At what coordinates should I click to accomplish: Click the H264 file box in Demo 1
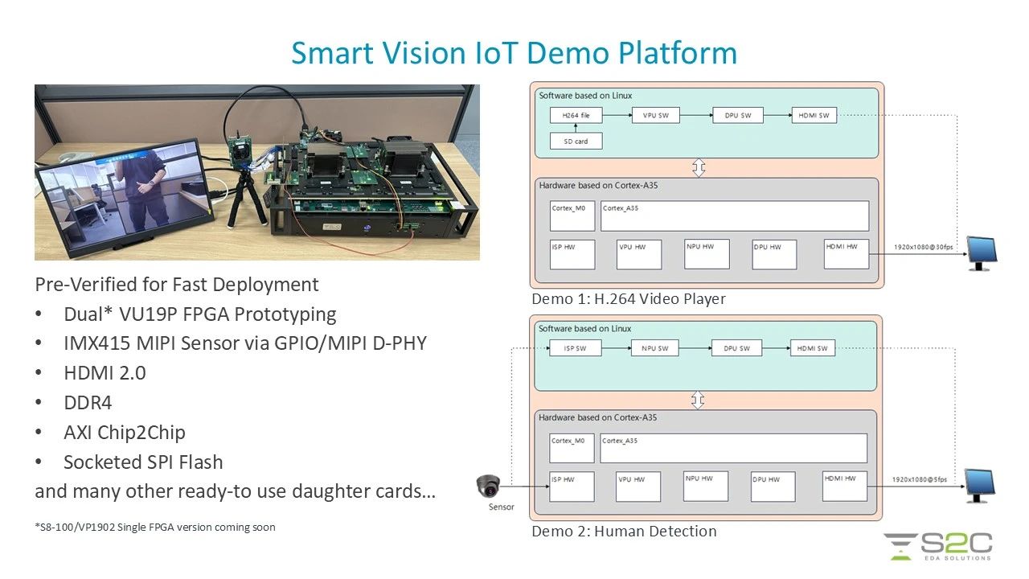[575, 116]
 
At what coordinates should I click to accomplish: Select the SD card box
[575, 142]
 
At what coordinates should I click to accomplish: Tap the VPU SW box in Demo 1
[655, 116]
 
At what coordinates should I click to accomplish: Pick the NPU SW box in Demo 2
[654, 348]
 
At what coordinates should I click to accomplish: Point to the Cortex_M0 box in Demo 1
[572, 216]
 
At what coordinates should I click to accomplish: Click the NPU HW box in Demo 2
[706, 486]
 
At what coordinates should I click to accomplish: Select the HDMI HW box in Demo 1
[846, 254]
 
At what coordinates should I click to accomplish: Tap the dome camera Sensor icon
[487, 487]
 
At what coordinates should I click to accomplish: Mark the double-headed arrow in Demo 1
[699, 168]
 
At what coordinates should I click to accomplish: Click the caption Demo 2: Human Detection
[624, 531]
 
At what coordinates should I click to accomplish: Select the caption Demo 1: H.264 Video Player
[628, 299]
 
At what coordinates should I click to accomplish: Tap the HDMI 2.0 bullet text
[105, 373]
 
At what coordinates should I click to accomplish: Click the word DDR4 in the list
[88, 403]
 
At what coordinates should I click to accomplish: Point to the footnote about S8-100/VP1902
[154, 528]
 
